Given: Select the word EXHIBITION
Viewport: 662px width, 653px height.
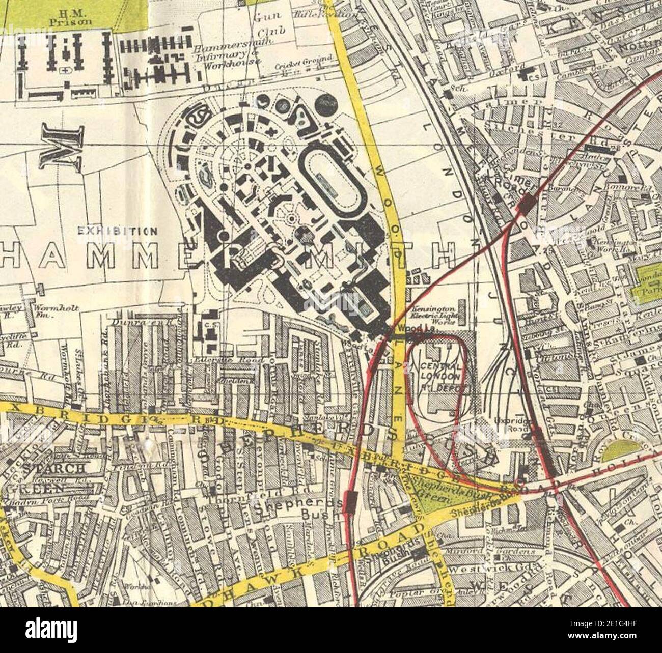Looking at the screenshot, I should (117, 231).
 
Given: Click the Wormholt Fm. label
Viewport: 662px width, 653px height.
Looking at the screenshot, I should (48, 311).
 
